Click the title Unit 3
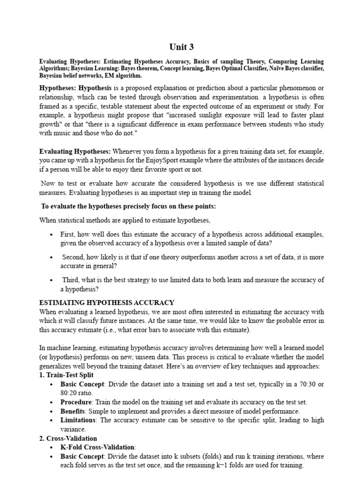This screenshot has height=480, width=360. (181, 47)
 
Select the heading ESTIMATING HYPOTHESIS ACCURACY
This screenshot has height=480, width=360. (107, 303)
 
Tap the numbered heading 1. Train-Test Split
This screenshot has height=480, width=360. (66, 375)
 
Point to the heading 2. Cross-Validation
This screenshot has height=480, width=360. (67, 438)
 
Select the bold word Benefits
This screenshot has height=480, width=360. (74, 411)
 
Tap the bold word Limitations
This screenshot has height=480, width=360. (78, 420)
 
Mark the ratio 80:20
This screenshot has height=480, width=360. (69, 393)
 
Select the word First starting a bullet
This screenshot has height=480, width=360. (67, 234)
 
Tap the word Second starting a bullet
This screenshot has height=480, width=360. (73, 257)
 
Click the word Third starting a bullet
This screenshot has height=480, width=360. (70, 280)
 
